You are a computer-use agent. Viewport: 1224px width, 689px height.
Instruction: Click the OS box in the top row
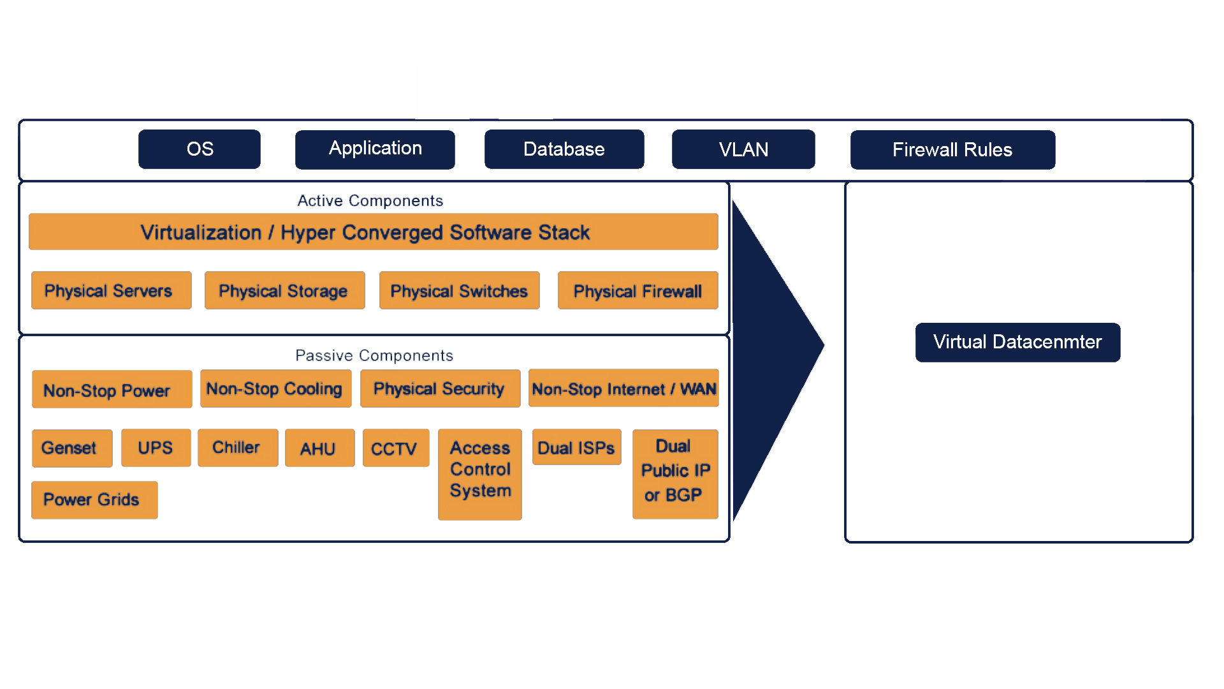[200, 149]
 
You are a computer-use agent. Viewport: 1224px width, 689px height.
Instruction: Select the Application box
[375, 149]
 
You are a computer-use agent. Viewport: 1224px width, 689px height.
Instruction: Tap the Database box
[564, 149]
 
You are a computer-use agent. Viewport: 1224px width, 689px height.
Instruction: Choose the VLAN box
[743, 149]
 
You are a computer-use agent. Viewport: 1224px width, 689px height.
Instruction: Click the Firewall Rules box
[952, 150]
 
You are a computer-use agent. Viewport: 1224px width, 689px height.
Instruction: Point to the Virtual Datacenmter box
[1017, 343]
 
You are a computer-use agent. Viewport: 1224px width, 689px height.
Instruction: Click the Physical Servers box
[112, 291]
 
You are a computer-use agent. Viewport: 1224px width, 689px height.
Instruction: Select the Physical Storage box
[284, 291]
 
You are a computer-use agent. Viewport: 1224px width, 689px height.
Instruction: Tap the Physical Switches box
[459, 291]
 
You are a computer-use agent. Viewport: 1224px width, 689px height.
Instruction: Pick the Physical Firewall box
[637, 291]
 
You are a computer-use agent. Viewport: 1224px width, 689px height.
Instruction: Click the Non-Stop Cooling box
[275, 389]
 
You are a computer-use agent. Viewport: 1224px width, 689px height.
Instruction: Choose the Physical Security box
[440, 389]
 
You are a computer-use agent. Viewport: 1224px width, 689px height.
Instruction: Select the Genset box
[72, 448]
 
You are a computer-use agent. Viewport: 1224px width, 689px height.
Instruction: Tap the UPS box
[156, 448]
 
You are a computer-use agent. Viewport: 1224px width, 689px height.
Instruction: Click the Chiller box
[238, 448]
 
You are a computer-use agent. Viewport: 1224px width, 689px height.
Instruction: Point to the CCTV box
[396, 448]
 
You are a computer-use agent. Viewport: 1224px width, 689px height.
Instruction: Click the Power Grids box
[94, 500]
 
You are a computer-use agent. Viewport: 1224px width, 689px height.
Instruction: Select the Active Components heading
[370, 201]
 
